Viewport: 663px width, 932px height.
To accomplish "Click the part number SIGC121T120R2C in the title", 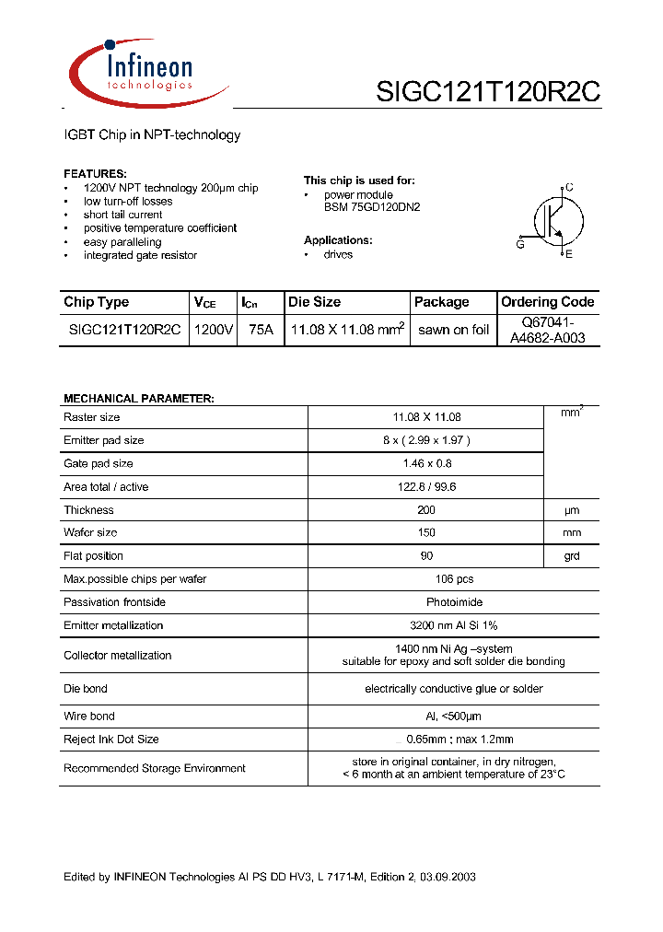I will [x=488, y=92].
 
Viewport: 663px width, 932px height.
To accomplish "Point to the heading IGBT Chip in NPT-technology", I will [x=152, y=135].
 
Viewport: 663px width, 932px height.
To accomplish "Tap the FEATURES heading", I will [x=95, y=174].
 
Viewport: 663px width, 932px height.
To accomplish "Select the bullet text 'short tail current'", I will [x=122, y=215].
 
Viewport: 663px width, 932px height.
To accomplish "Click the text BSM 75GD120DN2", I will [x=371, y=208].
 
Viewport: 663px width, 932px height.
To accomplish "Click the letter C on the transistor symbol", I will [x=569, y=188].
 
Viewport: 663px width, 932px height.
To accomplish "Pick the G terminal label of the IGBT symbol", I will [x=520, y=244].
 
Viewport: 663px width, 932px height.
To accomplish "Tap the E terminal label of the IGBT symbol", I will [x=568, y=255].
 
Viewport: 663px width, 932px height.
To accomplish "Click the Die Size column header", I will [x=314, y=302].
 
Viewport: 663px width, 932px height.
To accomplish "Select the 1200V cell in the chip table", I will [x=214, y=330].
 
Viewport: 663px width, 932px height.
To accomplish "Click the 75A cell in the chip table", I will [x=261, y=330].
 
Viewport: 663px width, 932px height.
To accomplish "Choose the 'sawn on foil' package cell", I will [x=453, y=330].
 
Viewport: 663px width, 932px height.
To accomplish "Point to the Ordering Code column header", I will [x=548, y=302].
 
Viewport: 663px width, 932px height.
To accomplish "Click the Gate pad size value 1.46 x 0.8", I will [x=425, y=463].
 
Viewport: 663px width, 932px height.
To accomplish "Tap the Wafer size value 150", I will [x=425, y=532].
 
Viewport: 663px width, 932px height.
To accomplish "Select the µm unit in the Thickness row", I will [x=572, y=510].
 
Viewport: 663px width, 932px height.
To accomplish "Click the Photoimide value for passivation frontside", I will [x=425, y=601].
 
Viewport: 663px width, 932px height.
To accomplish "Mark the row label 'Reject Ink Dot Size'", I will [x=110, y=739].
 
